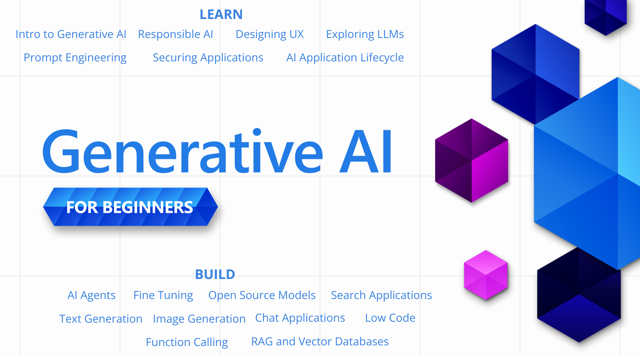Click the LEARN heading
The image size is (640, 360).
[221, 14]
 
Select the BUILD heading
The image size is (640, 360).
[215, 274]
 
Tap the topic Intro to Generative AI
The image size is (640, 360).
[71, 34]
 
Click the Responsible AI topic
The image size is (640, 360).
[175, 34]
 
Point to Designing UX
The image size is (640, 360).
[269, 34]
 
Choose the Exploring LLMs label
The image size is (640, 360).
[365, 34]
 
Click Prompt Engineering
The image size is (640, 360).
[75, 58]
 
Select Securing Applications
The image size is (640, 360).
[208, 58]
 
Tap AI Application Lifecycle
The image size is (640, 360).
[345, 58]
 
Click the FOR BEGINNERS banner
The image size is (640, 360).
[130, 207]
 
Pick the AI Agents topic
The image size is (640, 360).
[91, 295]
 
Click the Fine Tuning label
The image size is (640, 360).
[163, 295]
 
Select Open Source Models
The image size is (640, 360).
[262, 295]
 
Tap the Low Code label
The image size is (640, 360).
[390, 318]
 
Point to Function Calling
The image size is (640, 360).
[187, 342]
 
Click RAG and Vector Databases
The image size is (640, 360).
[320, 342]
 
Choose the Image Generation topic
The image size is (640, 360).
[199, 319]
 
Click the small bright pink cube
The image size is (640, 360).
[486, 275]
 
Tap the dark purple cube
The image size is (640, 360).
[471, 161]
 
